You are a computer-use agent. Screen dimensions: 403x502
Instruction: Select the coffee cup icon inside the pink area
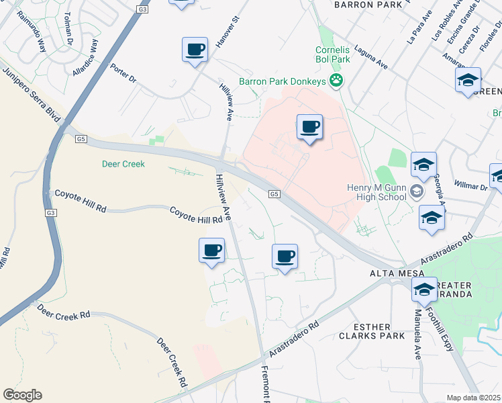coord(309,127)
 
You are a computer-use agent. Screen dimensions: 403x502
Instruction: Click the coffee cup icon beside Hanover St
coord(195,50)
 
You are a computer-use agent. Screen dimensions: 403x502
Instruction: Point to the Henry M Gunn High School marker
coord(417,193)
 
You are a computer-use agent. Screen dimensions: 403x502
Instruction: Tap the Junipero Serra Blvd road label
coord(31,92)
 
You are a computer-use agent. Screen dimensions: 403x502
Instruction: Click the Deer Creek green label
coord(123,163)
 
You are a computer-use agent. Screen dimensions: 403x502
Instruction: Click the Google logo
coord(22,395)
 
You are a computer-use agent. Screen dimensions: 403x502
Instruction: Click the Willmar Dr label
coord(472,185)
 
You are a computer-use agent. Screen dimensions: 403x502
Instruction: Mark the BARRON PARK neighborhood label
coord(362,4)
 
